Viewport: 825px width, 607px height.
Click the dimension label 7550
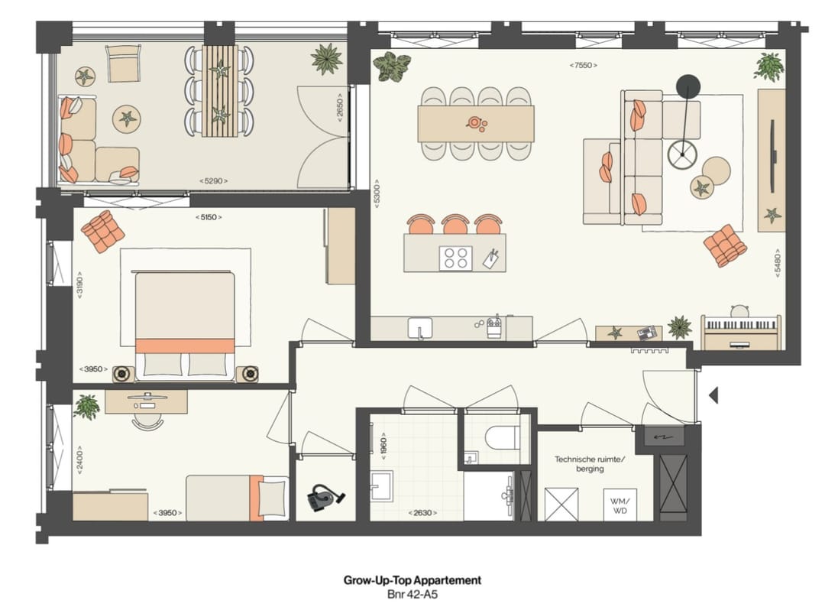point(584,66)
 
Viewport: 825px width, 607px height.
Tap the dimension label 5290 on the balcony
point(213,181)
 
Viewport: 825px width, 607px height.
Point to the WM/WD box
point(620,505)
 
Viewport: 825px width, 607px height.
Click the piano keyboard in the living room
point(740,326)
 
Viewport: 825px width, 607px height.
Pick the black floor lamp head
point(688,86)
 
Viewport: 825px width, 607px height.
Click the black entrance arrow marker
point(714,395)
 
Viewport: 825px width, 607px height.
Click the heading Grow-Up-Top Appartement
point(412,580)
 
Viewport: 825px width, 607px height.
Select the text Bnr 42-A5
point(412,593)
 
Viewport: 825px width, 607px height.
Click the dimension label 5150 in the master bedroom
point(209,217)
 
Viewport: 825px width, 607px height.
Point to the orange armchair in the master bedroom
point(103,230)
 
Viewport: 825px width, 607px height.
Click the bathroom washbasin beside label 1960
point(382,487)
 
